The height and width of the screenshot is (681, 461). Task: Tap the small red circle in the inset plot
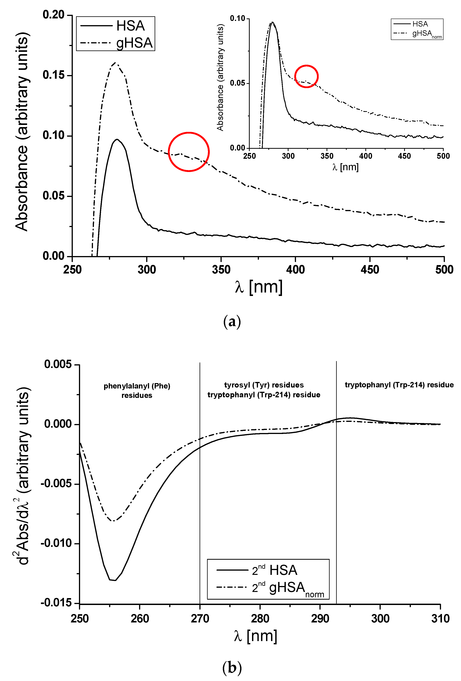306,76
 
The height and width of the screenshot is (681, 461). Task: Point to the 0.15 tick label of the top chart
53,75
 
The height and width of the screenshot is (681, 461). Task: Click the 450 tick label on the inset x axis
404,156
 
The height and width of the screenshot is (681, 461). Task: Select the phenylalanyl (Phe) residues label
137,390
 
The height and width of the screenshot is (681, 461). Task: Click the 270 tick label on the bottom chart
200,619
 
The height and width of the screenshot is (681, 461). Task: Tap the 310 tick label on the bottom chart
440,619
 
